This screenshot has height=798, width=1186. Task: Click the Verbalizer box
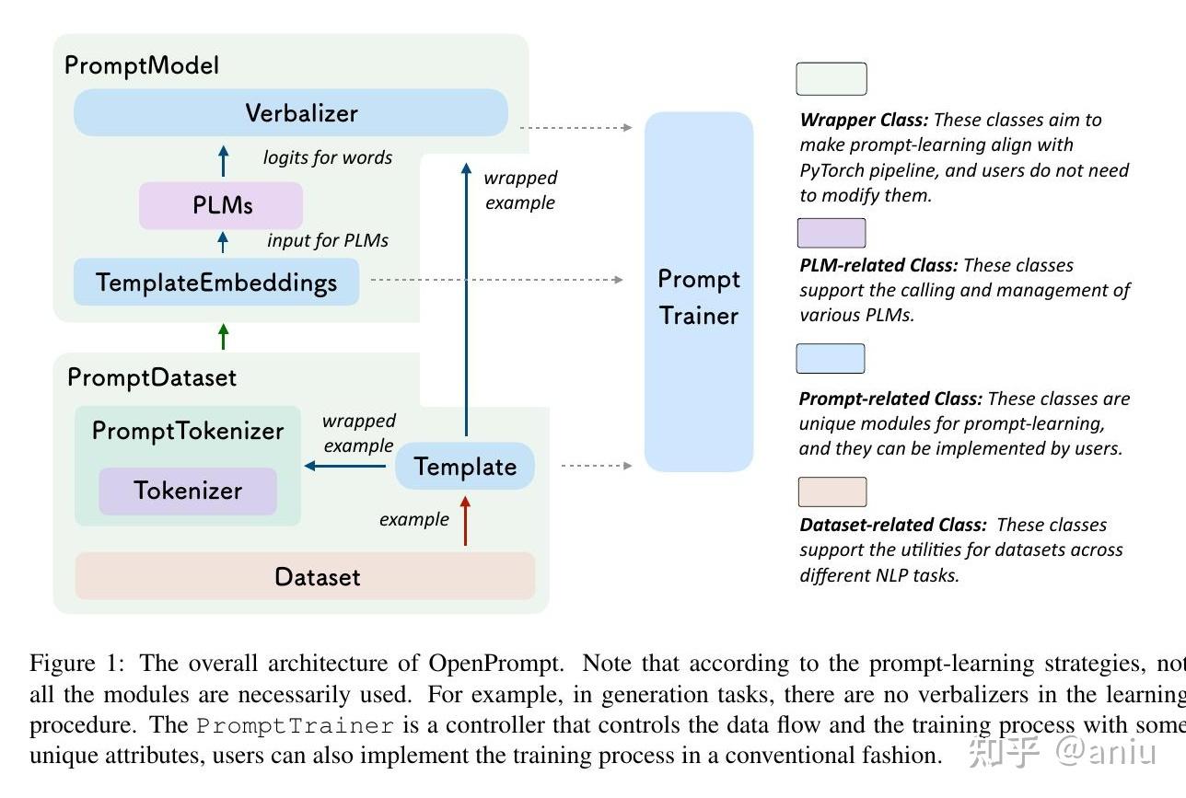pos(291,113)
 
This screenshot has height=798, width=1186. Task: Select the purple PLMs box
pos(221,205)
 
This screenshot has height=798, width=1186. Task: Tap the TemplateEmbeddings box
pos(216,283)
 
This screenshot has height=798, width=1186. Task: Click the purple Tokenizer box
pos(188,491)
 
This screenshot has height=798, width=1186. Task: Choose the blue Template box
pos(465,467)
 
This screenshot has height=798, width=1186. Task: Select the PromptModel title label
pos(142,65)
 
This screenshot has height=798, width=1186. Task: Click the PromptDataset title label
pos(152,377)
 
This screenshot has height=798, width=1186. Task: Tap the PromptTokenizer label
pos(188,431)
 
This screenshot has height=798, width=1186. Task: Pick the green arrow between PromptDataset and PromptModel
pos(223,337)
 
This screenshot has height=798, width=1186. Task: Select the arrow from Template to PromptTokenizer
pos(346,467)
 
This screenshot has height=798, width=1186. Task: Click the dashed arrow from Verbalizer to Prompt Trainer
pos(576,127)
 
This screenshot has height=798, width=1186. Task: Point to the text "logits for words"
pos(328,157)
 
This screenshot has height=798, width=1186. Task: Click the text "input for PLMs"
pos(328,240)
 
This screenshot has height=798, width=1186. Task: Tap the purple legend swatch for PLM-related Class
pos(831,233)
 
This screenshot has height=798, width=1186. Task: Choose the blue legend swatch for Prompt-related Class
pos(831,359)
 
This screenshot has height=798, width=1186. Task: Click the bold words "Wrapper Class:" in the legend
pos(864,120)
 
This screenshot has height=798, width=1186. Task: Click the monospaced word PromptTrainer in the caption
pos(296,724)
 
